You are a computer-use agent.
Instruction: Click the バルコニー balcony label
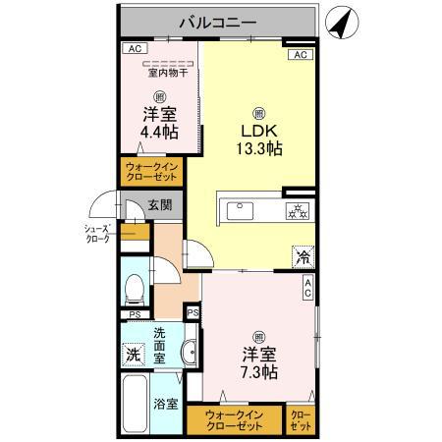(218, 21)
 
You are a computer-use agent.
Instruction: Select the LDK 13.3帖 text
(258, 138)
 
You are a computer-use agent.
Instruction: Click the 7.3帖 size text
(258, 372)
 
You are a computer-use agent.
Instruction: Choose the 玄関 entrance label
(160, 205)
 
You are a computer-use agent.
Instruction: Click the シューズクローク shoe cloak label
(97, 233)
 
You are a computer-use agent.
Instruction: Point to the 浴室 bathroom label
(165, 404)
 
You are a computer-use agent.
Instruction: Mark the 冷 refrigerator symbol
(302, 256)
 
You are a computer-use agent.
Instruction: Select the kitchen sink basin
(241, 209)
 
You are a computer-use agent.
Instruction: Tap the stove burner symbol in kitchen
(298, 209)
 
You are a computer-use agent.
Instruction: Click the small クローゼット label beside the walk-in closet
(301, 420)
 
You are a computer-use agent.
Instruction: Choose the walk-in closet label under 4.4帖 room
(151, 173)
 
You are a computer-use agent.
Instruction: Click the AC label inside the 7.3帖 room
(307, 286)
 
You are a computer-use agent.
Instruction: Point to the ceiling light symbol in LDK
(258, 111)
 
